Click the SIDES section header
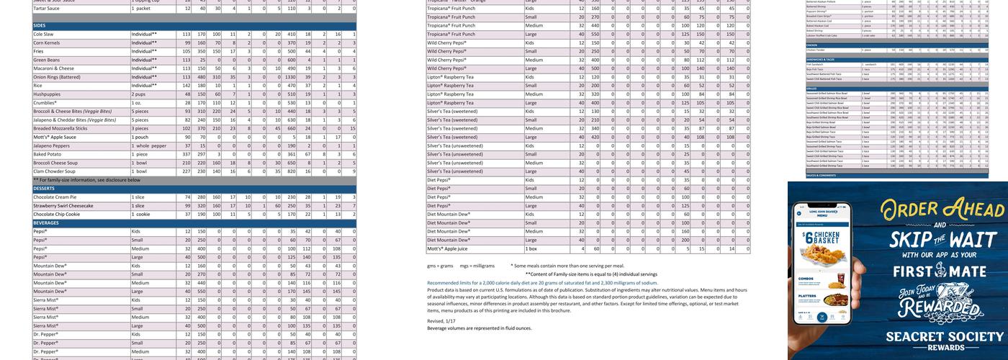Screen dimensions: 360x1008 pyautogui.click(x=40, y=25)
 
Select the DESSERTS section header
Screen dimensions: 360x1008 pyautogui.click(x=45, y=189)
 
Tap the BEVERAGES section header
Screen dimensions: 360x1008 pyautogui.click(x=47, y=223)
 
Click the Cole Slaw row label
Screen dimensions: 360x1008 pyautogui.click(x=43, y=34)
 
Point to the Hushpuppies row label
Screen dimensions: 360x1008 pyautogui.click(x=47, y=94)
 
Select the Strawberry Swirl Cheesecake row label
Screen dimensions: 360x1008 pyautogui.click(x=63, y=206)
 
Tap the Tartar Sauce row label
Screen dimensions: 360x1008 pyautogui.click(x=47, y=8)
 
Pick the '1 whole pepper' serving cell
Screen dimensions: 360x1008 pyautogui.click(x=149, y=145)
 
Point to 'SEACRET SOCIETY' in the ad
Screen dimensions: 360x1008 pyautogui.click(x=944, y=336)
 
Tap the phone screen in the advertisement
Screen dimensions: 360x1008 pyautogui.click(x=822, y=266)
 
